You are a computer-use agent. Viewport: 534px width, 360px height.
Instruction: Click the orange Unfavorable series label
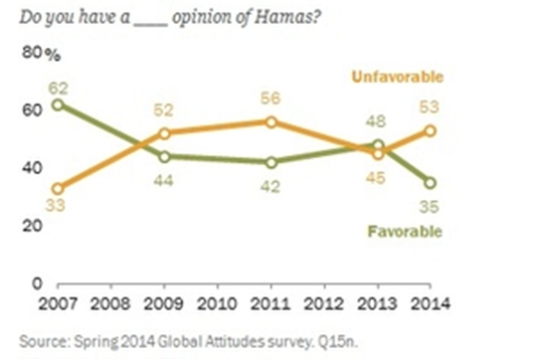[x=397, y=77]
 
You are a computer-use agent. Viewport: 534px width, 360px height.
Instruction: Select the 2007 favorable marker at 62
[x=60, y=104]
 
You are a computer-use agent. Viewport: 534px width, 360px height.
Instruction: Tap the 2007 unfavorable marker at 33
[x=60, y=188]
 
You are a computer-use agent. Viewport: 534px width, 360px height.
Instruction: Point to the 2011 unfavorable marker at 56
[x=271, y=121]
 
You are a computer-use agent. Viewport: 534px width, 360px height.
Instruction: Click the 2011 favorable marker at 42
[x=271, y=162]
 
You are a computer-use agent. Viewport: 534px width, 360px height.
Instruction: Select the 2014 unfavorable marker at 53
[x=431, y=130]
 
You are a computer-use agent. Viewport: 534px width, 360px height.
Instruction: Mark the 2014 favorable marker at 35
[x=431, y=182]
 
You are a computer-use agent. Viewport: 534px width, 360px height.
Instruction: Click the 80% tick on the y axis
[x=37, y=51]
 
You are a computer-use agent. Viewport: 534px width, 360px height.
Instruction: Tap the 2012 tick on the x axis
[x=325, y=302]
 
